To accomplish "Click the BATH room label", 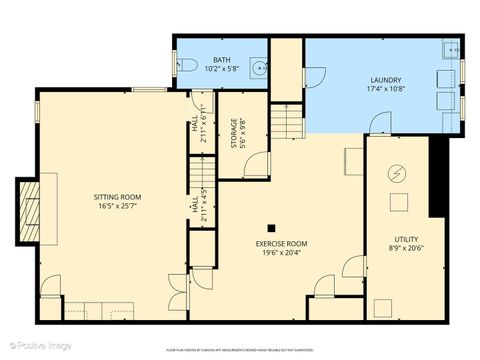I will (x=221, y=60).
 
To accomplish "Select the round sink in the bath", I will (x=259, y=68).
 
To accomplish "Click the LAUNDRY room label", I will (x=385, y=79).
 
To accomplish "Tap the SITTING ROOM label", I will (x=118, y=198).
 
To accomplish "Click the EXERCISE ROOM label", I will (x=281, y=243).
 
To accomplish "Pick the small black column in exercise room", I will (x=271, y=226).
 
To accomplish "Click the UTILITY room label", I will (x=405, y=239).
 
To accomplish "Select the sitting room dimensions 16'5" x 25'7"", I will (x=118, y=207).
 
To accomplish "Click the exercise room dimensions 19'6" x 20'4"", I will (x=281, y=252).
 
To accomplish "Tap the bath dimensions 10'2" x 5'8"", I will (x=221, y=69).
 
